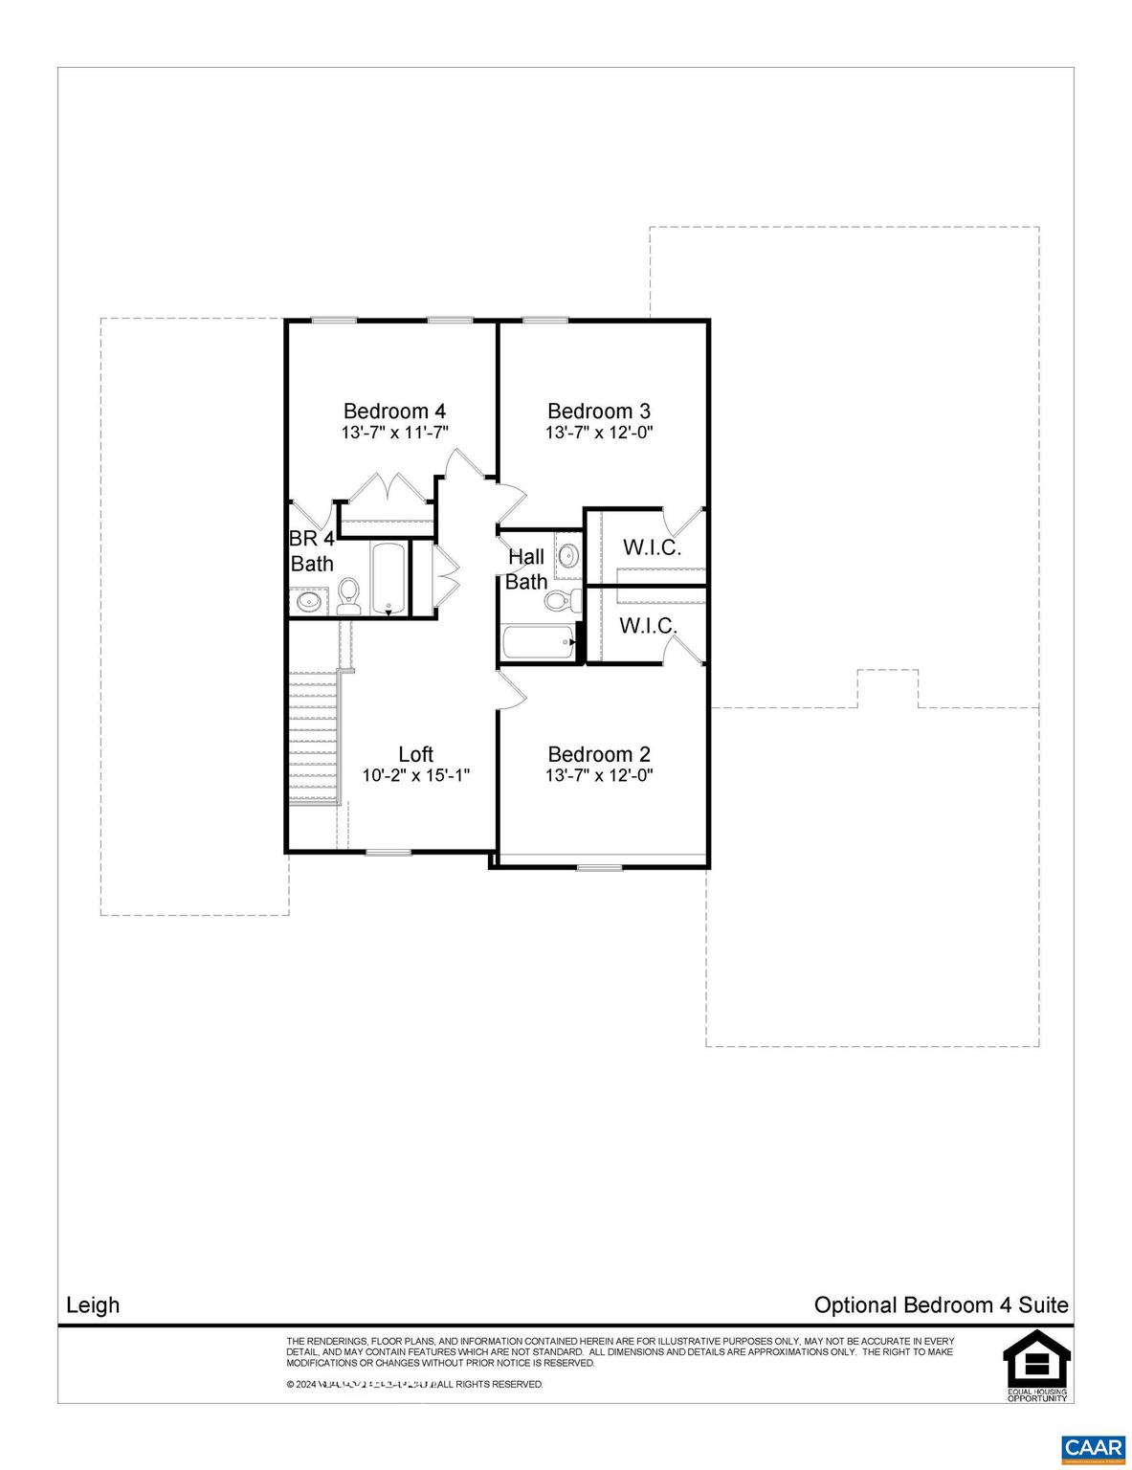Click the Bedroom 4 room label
coord(394,412)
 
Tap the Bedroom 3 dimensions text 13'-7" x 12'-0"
coord(599,433)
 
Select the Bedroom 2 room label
coord(599,754)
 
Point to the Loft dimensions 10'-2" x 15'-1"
coord(416,775)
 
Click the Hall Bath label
coord(526,568)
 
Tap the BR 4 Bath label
coord(312,551)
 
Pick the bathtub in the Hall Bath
coord(538,642)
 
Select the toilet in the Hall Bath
coord(561,601)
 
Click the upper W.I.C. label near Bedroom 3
coord(652,548)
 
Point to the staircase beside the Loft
coord(315,738)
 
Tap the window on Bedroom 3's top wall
coord(545,320)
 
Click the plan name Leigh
coord(93,1305)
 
